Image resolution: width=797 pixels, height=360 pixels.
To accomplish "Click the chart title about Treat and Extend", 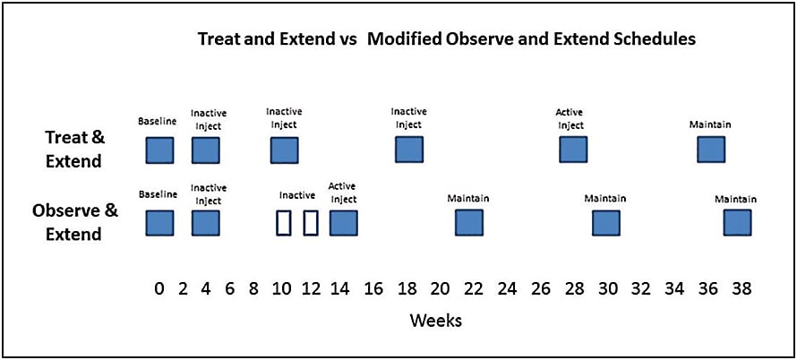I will [x=447, y=39].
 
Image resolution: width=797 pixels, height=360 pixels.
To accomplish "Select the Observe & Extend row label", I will [x=75, y=222].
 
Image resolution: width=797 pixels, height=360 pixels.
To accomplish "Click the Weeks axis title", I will [x=435, y=320].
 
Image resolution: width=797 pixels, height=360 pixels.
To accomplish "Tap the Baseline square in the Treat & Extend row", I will [x=159, y=150].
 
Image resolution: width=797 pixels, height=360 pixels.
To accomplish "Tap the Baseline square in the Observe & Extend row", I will [x=159, y=223].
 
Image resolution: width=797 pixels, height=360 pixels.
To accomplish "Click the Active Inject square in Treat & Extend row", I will [x=573, y=150].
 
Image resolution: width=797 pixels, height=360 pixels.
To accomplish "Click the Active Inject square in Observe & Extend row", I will [x=343, y=223].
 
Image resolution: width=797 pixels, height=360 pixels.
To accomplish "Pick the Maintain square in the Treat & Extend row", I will [x=711, y=150].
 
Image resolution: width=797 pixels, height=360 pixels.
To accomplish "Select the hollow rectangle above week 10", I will [x=284, y=223].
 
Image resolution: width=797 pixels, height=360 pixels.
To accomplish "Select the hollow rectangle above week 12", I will [x=311, y=223].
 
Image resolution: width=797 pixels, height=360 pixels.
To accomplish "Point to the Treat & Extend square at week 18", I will [x=408, y=150].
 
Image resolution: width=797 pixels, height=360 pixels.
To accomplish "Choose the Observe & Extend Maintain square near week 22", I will [x=468, y=223].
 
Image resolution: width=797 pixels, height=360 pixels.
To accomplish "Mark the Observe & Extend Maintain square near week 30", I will [x=605, y=223].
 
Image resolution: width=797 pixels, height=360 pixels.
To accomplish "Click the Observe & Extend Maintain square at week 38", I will [x=737, y=223].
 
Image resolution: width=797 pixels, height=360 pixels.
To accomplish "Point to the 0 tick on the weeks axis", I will [x=159, y=288].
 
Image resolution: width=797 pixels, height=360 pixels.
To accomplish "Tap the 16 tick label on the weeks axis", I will [x=373, y=288].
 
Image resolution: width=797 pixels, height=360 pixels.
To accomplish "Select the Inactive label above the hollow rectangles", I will [x=297, y=195].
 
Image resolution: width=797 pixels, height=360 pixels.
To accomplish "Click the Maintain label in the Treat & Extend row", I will [x=710, y=124].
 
